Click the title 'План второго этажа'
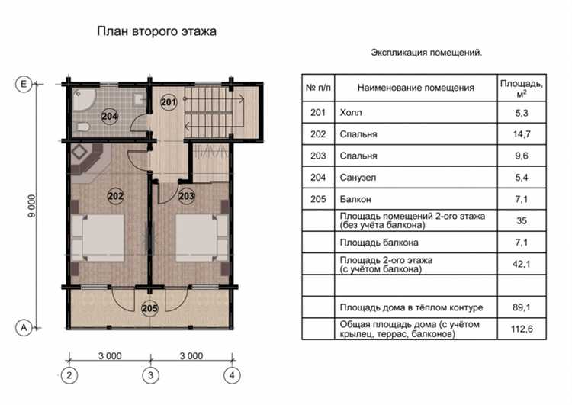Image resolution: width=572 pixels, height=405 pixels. (x=156, y=32)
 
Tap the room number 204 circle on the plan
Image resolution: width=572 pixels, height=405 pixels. (x=110, y=117)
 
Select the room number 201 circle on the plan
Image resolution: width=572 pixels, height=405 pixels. (x=169, y=102)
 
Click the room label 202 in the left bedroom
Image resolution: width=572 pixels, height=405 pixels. (x=116, y=196)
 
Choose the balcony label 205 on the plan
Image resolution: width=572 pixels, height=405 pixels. (x=150, y=308)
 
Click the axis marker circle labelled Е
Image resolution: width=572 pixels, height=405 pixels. (x=24, y=85)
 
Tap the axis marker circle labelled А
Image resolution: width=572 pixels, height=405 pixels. (x=24, y=327)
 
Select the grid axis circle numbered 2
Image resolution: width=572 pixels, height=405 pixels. (x=69, y=374)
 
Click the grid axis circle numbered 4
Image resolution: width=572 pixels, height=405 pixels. (x=232, y=374)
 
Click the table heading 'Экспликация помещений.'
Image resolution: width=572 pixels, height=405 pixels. (x=426, y=53)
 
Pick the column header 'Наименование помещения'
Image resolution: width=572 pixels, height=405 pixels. (x=416, y=88)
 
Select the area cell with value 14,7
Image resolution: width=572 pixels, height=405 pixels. (x=522, y=134)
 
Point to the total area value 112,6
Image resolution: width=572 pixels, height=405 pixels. (x=522, y=329)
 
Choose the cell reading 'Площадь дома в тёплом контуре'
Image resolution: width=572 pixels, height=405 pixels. (x=411, y=308)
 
